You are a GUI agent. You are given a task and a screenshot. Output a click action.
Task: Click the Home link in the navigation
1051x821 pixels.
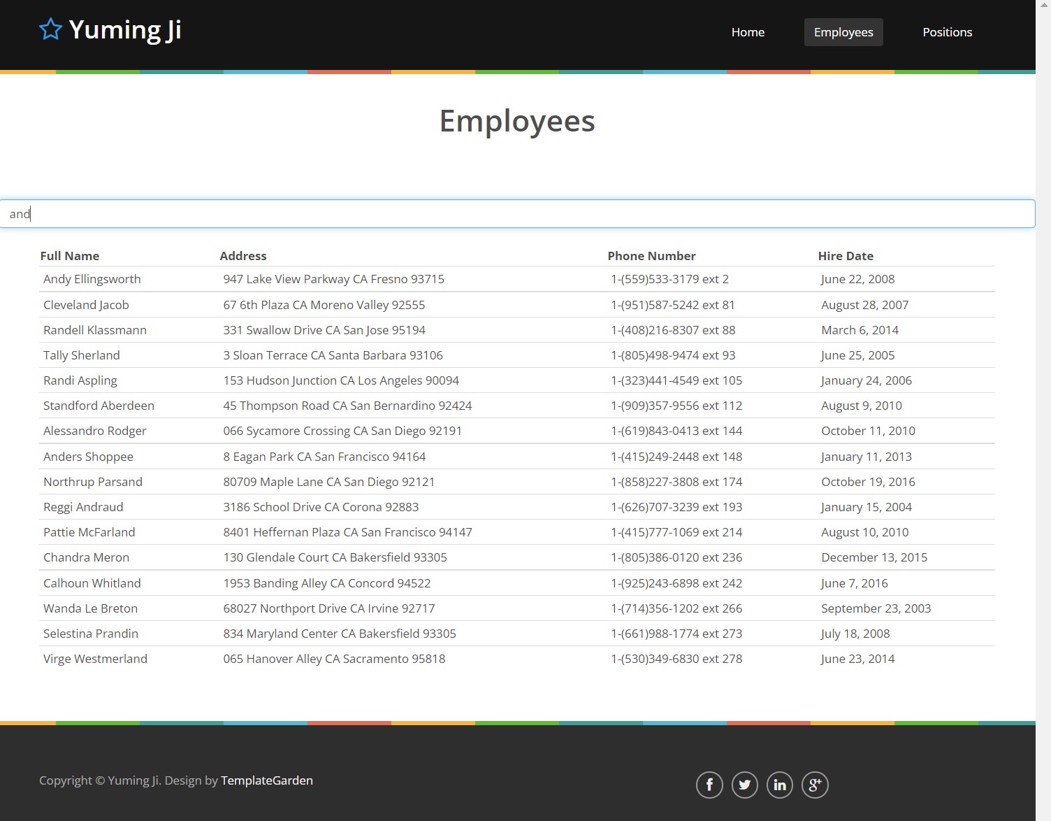(748, 32)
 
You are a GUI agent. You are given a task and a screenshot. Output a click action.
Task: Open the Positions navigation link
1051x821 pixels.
(947, 32)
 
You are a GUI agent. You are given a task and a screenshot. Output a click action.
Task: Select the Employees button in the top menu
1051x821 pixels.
(843, 32)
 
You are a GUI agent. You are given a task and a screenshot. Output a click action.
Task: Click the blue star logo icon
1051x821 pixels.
(51, 30)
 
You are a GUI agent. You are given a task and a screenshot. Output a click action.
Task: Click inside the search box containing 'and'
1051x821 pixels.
(517, 214)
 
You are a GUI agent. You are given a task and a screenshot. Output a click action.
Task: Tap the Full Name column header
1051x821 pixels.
(70, 256)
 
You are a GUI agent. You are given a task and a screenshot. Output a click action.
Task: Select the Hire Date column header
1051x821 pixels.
(846, 256)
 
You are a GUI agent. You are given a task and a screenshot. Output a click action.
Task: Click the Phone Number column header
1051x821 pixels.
(651, 256)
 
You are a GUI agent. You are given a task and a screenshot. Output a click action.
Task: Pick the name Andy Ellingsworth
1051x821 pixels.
(92, 279)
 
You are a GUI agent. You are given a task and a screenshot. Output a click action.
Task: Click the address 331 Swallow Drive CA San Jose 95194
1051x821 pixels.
(324, 330)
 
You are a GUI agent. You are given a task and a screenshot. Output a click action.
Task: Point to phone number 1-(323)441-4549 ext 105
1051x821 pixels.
(676, 380)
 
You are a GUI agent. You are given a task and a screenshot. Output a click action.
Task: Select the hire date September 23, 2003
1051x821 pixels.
(876, 608)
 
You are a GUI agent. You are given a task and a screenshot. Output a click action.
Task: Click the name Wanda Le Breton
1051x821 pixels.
(91, 608)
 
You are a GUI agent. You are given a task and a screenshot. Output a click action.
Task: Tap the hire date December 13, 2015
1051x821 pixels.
(874, 557)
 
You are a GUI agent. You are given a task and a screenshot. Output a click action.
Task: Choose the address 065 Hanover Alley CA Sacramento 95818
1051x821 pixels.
(334, 659)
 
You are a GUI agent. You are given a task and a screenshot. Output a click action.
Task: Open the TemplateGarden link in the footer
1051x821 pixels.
(267, 780)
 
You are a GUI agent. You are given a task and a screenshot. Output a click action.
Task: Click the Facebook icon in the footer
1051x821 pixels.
(709, 785)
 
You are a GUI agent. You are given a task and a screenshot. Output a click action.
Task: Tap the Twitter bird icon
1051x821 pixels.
(744, 785)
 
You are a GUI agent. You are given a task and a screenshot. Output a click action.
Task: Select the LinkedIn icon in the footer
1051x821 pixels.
(780, 785)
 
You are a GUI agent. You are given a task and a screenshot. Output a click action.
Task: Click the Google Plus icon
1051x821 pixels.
(815, 785)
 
